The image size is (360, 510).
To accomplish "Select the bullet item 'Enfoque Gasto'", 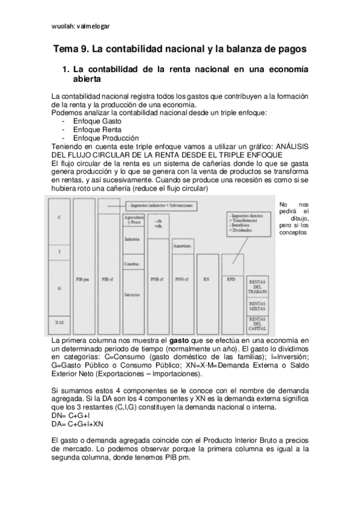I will (97, 121).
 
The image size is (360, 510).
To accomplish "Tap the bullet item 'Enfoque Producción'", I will (105, 138).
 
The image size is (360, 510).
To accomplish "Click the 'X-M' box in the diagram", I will (59, 323).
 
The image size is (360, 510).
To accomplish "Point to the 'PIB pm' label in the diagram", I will (84, 279).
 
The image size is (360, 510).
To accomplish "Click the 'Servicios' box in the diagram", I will (133, 295).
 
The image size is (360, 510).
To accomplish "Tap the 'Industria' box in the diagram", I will (133, 239).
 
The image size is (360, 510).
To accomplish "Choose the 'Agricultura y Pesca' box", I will (133, 220).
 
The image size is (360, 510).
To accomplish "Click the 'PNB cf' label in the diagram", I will (157, 279).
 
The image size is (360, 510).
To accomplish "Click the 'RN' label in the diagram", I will (206, 279).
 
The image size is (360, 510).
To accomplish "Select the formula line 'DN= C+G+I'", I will (72, 416).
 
